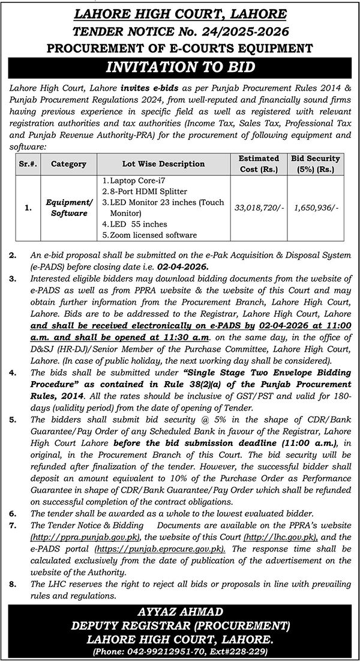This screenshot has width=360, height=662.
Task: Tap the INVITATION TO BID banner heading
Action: pyautogui.click(x=180, y=67)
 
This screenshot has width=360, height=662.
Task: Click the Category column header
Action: pyautogui.click(x=68, y=163)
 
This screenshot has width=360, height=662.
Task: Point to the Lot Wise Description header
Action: pyautogui.click(x=161, y=163)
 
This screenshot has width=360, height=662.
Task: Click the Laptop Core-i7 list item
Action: pyautogui.click(x=130, y=179)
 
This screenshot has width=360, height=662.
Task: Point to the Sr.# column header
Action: pyautogui.click(x=28, y=163)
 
